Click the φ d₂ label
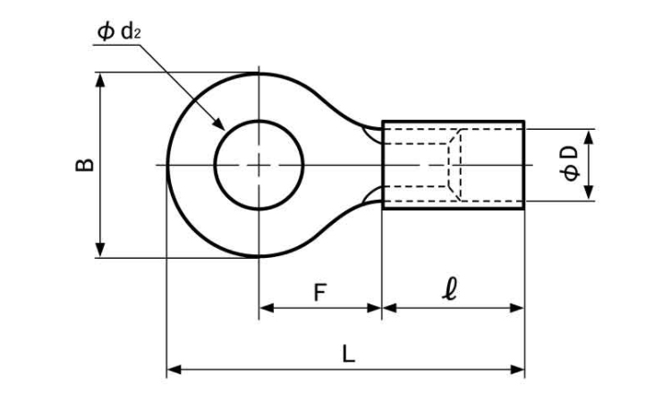tap(119, 32)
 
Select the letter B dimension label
tap(84, 165)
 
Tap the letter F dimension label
tap(320, 293)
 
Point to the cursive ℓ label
tap(450, 289)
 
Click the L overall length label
tap(349, 354)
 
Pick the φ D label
tap(570, 163)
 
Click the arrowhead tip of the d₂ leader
tap(225, 130)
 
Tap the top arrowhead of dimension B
tap(100, 73)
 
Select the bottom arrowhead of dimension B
tap(100, 256)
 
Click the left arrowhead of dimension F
tap(260, 308)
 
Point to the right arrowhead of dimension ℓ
tap(523, 308)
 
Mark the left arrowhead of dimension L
tap(167, 369)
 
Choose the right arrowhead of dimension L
tap(523, 369)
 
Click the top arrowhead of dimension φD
tap(590, 130)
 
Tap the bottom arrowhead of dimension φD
tap(590, 199)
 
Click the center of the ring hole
tap(259, 165)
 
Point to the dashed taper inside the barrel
tap(454, 165)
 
